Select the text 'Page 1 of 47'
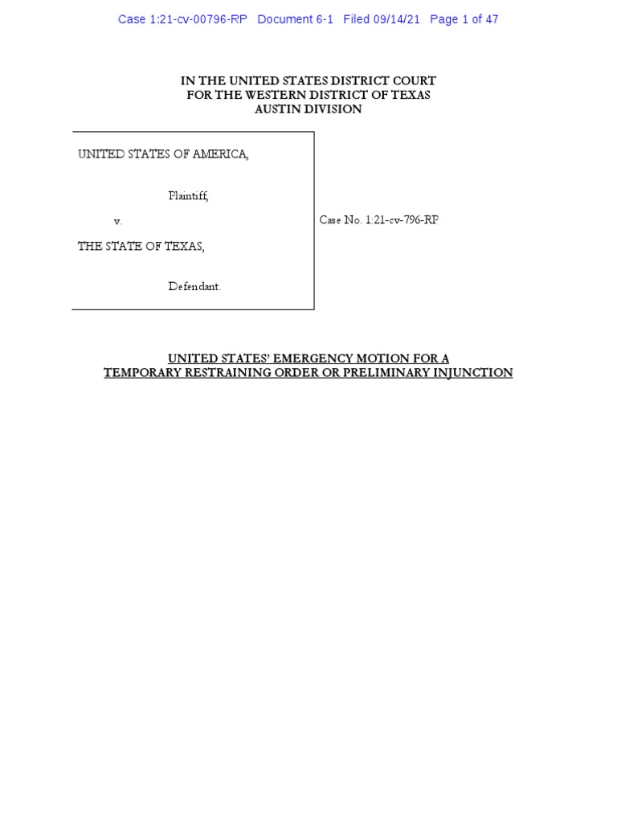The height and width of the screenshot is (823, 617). pyautogui.click(x=464, y=19)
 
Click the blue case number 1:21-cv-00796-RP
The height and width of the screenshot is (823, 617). pyautogui.click(x=182, y=19)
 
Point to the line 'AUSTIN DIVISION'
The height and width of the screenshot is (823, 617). pyautogui.click(x=308, y=109)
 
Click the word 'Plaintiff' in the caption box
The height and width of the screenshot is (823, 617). pyautogui.click(x=188, y=195)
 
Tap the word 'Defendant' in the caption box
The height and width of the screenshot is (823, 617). pyautogui.click(x=194, y=286)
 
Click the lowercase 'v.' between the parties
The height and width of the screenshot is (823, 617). pyautogui.click(x=117, y=221)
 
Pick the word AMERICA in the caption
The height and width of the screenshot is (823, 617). pyautogui.click(x=219, y=154)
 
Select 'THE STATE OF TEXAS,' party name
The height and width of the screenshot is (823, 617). pyautogui.click(x=141, y=247)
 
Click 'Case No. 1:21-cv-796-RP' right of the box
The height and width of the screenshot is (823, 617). pyautogui.click(x=379, y=220)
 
